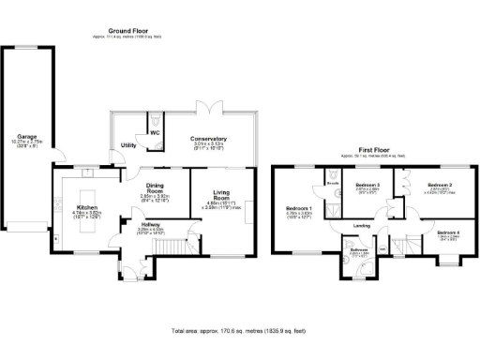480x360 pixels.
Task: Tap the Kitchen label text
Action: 87,207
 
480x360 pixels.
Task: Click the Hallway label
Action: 150,224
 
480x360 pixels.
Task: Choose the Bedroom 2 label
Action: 440,186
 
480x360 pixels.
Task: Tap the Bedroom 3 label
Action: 367,186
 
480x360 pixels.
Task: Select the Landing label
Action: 362,226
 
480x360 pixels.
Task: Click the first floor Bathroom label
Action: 360,249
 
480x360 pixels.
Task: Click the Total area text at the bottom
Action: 239,331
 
